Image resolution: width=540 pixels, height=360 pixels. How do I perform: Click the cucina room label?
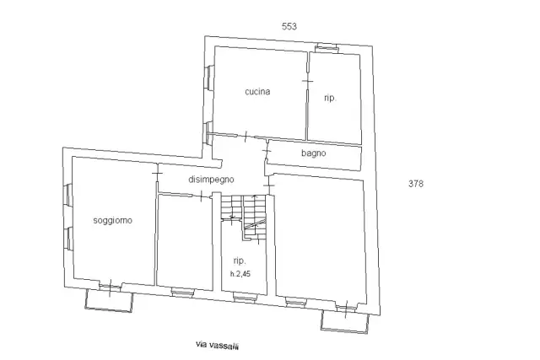click(257, 92)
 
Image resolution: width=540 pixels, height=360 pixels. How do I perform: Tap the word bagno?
click(313, 153)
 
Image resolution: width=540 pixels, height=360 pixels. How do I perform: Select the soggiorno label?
click(112, 220)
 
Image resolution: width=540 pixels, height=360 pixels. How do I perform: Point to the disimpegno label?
click(211, 180)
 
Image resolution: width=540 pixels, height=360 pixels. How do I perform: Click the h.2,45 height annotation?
click(240, 274)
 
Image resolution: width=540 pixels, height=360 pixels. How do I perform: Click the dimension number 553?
click(289, 26)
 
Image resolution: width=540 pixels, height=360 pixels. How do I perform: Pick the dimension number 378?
click(416, 184)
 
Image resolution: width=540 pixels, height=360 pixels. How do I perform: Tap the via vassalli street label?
click(218, 345)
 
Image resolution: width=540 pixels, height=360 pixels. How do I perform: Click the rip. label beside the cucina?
click(330, 98)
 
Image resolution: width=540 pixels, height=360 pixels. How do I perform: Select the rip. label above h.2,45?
click(240, 261)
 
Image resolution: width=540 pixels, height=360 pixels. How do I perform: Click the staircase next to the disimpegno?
click(244, 217)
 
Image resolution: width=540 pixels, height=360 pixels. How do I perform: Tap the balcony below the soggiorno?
click(109, 300)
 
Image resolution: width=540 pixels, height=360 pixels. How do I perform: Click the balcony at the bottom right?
click(344, 321)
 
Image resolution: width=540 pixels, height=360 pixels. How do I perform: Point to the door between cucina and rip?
click(307, 81)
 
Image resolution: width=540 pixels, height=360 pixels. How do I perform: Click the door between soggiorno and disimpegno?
click(157, 173)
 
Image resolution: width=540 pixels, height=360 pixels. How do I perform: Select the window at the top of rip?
click(327, 48)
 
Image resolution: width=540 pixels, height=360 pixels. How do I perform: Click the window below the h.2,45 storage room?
click(245, 297)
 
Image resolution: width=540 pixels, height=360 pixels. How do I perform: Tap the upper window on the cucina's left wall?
click(208, 78)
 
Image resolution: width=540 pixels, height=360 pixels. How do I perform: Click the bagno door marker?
click(267, 151)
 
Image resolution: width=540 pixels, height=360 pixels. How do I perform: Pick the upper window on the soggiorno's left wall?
click(68, 196)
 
